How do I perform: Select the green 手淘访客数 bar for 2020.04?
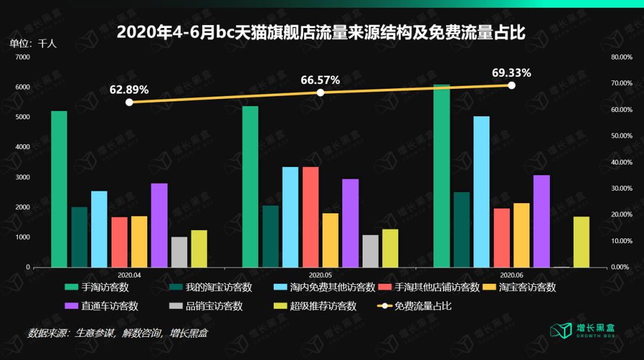coord(59,189)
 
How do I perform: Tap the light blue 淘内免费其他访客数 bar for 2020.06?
coord(481,191)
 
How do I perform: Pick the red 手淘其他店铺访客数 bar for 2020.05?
coord(310,217)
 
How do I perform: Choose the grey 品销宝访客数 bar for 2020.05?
coord(370,251)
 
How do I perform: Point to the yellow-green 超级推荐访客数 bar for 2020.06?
coord(581,241)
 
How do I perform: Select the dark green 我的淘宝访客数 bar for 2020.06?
coord(462,229)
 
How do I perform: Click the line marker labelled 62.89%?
coord(129,102)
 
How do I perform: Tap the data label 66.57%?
coord(320,80)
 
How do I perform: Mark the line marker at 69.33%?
coord(511,85)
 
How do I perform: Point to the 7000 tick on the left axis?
coord(23,57)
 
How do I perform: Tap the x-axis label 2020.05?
coord(320,275)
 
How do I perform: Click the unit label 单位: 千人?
coord(33,44)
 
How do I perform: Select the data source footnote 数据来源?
coord(117,333)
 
